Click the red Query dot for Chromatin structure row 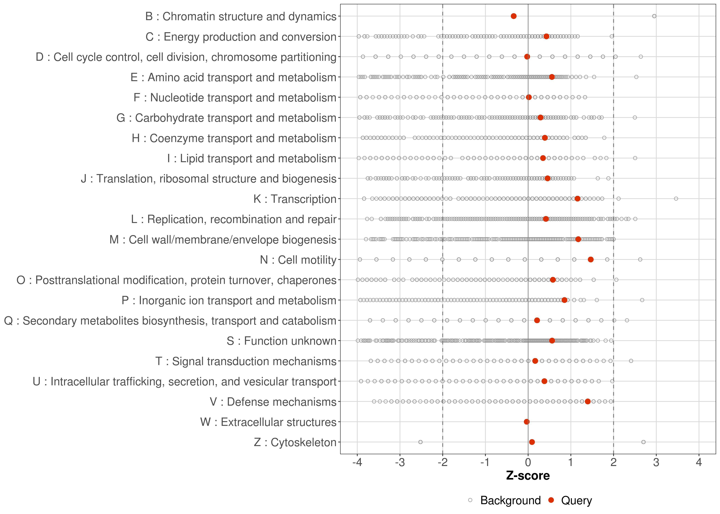514,16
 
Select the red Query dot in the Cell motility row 591,260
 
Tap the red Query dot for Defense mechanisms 588,401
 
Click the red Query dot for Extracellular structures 527,422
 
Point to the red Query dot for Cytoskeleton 532,442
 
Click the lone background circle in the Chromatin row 654,16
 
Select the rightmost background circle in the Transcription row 676,199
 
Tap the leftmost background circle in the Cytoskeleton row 421,442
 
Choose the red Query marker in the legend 551,500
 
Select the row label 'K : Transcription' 295,199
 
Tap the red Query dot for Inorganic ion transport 564,300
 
